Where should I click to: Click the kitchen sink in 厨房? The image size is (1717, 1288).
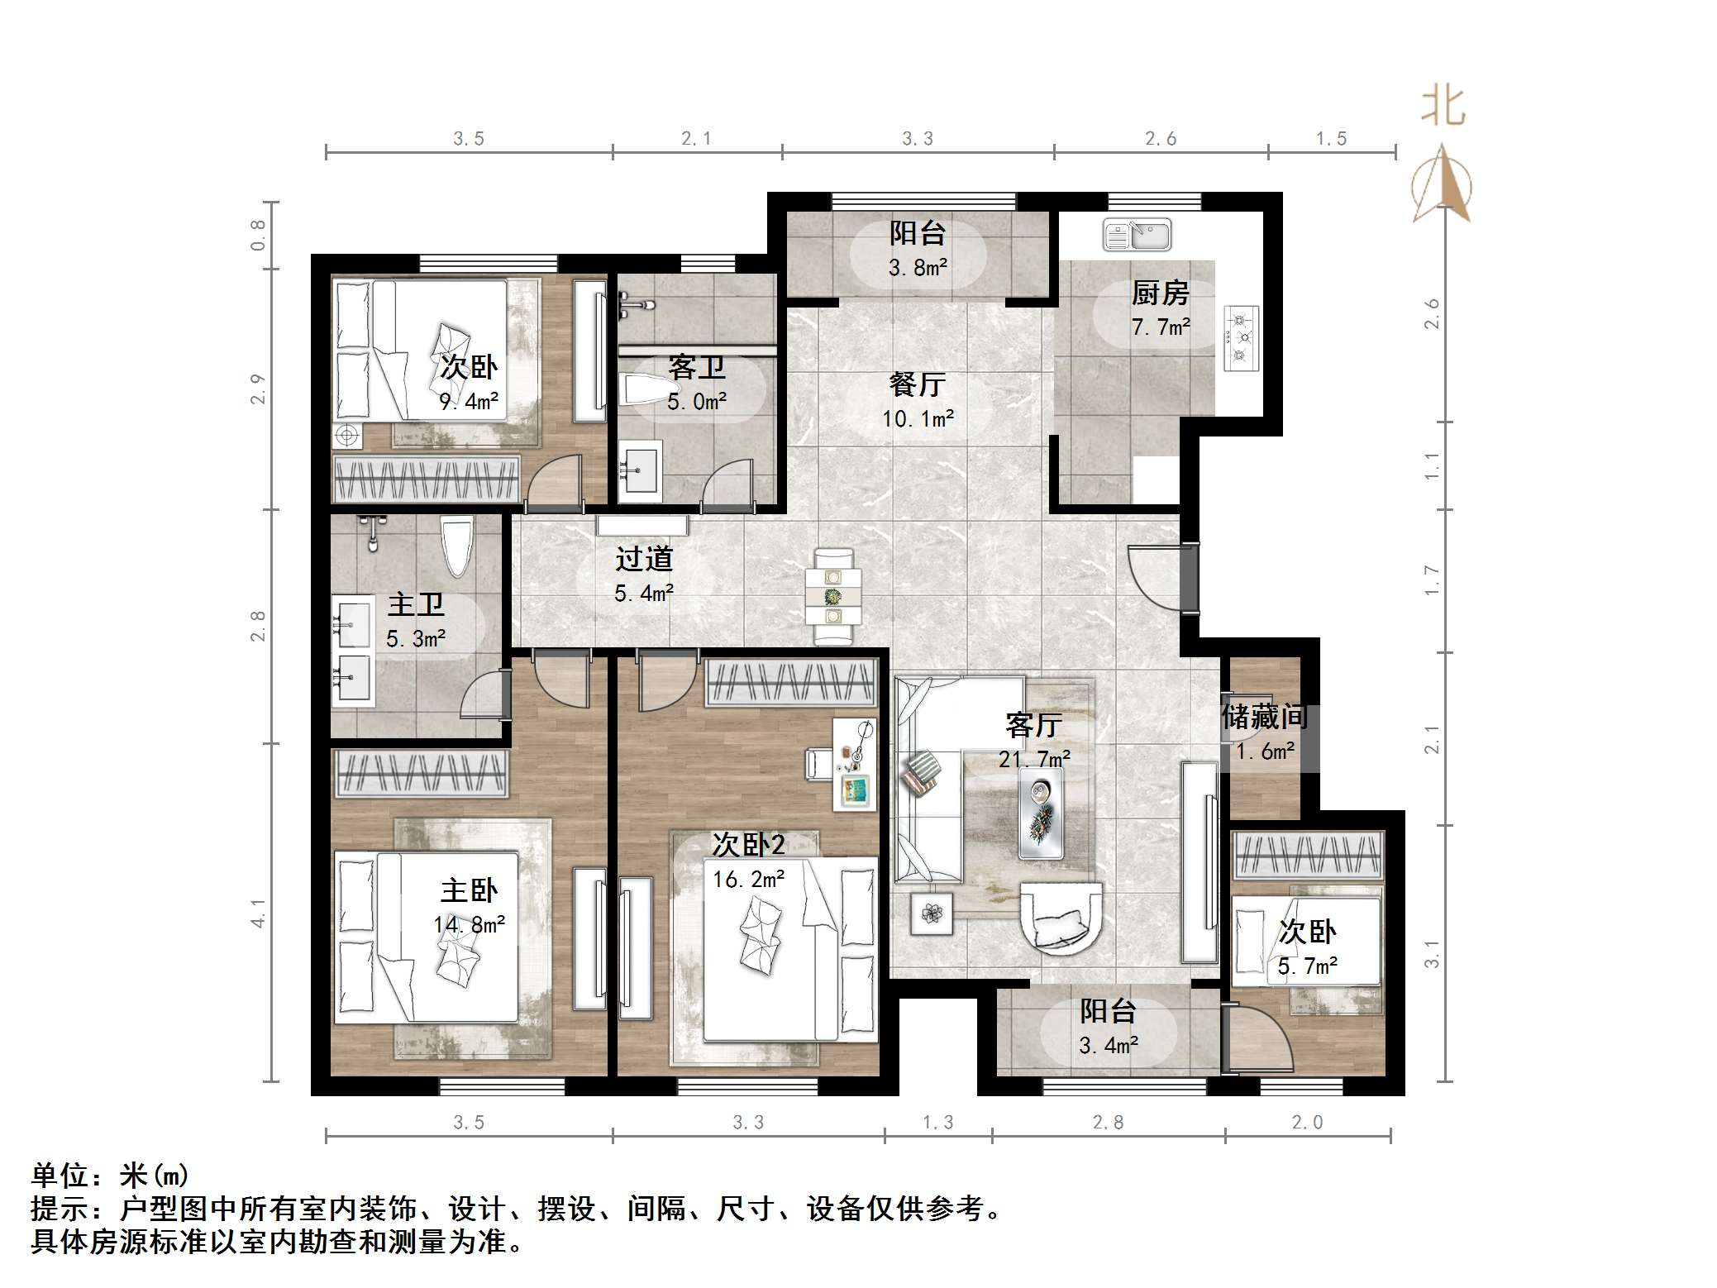(x=1137, y=235)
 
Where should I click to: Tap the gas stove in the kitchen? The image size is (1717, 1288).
(x=1240, y=337)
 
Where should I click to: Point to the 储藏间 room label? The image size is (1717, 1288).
(x=1265, y=716)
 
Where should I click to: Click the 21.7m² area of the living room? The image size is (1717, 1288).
(x=1034, y=758)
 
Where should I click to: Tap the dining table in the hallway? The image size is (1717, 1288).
(x=833, y=595)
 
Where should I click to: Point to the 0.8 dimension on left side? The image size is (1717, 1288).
(x=258, y=235)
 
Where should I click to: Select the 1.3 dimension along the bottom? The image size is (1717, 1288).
(x=937, y=1122)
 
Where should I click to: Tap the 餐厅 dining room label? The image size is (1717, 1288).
(x=917, y=384)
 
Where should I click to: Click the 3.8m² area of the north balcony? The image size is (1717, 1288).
(x=918, y=268)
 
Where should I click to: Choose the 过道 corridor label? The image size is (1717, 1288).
(x=644, y=559)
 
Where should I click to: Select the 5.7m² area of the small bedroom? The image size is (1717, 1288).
(x=1307, y=966)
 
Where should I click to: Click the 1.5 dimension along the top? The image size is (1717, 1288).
(x=1331, y=139)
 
